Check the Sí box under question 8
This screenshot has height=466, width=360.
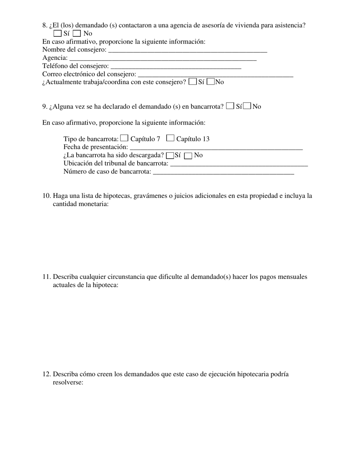pyautogui.click(x=58, y=33)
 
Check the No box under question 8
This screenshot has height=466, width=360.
pyautogui.click(x=77, y=33)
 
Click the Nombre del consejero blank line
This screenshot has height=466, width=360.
pyautogui.click(x=188, y=49)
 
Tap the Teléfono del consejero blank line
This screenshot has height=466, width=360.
pyautogui.click(x=176, y=66)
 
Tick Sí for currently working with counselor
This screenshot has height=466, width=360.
pyautogui.click(x=193, y=81)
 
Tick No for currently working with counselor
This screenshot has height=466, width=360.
pyautogui.click(x=211, y=81)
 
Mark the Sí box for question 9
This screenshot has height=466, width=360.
pyautogui.click(x=230, y=106)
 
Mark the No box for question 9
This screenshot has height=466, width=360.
pyautogui.click(x=247, y=106)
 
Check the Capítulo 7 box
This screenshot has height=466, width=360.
pyautogui.click(x=124, y=138)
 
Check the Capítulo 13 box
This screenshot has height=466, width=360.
pyautogui.click(x=170, y=138)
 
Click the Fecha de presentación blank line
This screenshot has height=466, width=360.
pyautogui.click(x=216, y=147)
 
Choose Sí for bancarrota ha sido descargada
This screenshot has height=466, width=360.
pyautogui.click(x=170, y=155)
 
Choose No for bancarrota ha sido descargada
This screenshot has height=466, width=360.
pyautogui.click(x=188, y=155)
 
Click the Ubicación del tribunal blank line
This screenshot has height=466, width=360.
pyautogui.click(x=239, y=163)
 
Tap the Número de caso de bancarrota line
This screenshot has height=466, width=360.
pyautogui.click(x=224, y=172)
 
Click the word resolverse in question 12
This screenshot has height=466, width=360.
pyautogui.click(x=68, y=382)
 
